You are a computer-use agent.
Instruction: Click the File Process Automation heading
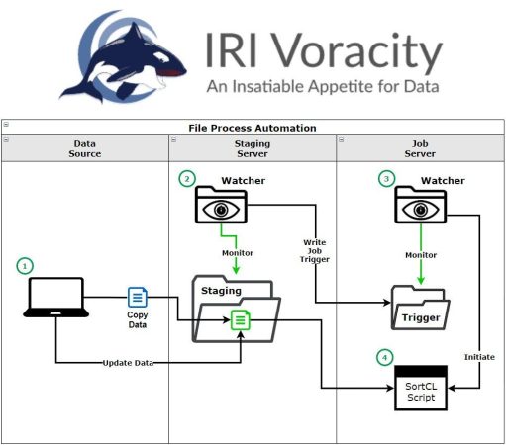(x=253, y=128)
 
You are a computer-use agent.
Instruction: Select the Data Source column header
(x=85, y=148)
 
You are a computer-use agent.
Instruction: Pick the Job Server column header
(x=420, y=148)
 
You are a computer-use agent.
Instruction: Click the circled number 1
(x=25, y=266)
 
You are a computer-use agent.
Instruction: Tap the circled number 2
(x=187, y=179)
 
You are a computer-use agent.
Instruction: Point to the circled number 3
(x=386, y=179)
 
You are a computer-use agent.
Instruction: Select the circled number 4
(x=385, y=357)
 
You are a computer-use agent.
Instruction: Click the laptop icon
(x=55, y=298)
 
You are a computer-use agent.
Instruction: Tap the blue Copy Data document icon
(x=138, y=297)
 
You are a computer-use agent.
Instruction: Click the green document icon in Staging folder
(x=241, y=319)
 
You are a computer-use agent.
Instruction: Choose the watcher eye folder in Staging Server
(x=221, y=205)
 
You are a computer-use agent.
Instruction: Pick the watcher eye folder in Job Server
(x=421, y=205)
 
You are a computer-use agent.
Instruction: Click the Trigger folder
(x=420, y=308)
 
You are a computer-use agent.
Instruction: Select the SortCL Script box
(x=421, y=388)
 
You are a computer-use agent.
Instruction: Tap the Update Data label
(x=128, y=363)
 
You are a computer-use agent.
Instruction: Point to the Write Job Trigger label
(x=315, y=251)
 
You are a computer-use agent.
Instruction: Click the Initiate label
(x=479, y=357)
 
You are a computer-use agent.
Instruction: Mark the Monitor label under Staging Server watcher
(x=238, y=253)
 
